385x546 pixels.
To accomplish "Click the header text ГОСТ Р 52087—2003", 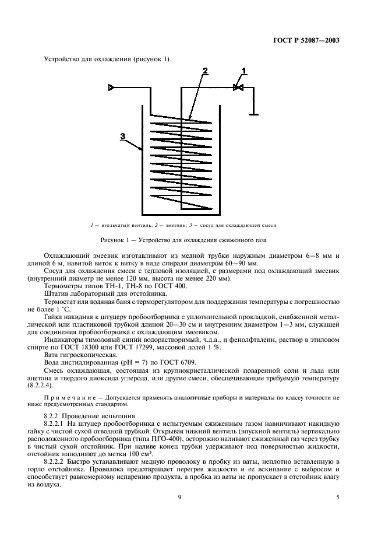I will coord(306,41).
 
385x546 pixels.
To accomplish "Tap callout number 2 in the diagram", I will coord(204,71).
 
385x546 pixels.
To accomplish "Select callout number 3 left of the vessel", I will coord(122,136).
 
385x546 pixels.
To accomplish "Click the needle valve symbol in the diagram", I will coord(238,88).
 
